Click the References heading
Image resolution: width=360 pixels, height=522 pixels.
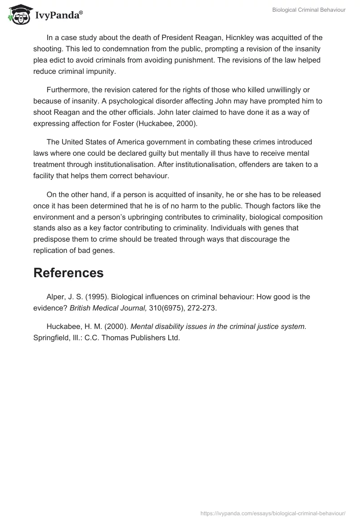[68, 273]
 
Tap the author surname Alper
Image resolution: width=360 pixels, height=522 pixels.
[56, 297]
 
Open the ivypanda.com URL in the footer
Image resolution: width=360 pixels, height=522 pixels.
[273, 513]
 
